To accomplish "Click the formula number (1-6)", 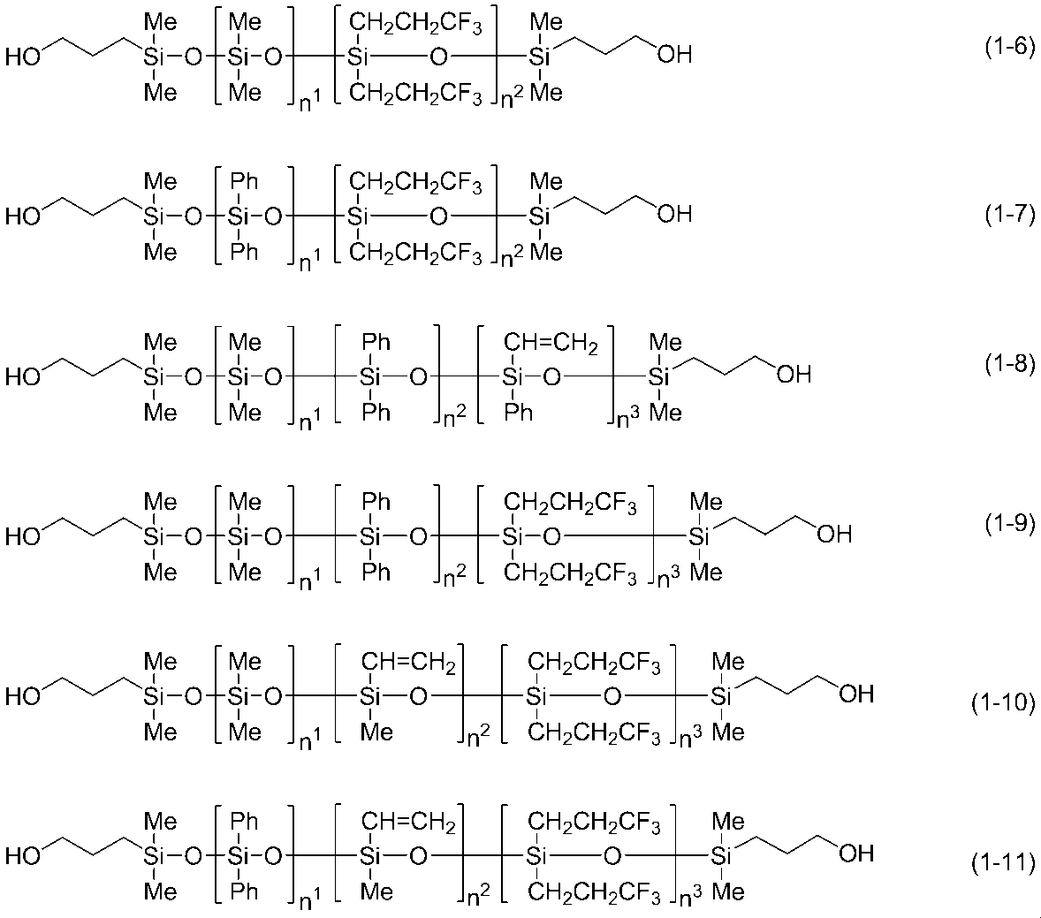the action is [x=1008, y=48].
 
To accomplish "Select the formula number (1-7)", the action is [x=1008, y=215].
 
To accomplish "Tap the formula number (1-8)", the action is [x=1008, y=364].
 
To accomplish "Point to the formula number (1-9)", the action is [x=1008, y=524].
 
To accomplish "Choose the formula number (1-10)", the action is [x=1002, y=702].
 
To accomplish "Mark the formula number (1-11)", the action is [x=1002, y=862].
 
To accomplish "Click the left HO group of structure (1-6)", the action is [x=23, y=57].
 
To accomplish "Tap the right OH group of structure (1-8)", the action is [x=794, y=375].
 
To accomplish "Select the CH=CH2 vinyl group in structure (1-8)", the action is [x=551, y=344].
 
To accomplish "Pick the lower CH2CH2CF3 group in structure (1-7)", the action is [x=415, y=254].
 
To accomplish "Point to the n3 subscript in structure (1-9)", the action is [x=669, y=578].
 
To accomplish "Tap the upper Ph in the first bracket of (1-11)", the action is [x=244, y=822].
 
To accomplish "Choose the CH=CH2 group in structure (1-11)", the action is [x=408, y=823].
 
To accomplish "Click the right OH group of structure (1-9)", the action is [x=834, y=534].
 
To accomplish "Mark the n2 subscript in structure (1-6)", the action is [x=512, y=98].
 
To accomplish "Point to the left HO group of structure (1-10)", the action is [x=23, y=696].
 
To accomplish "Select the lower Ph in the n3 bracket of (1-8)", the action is [x=518, y=413].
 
